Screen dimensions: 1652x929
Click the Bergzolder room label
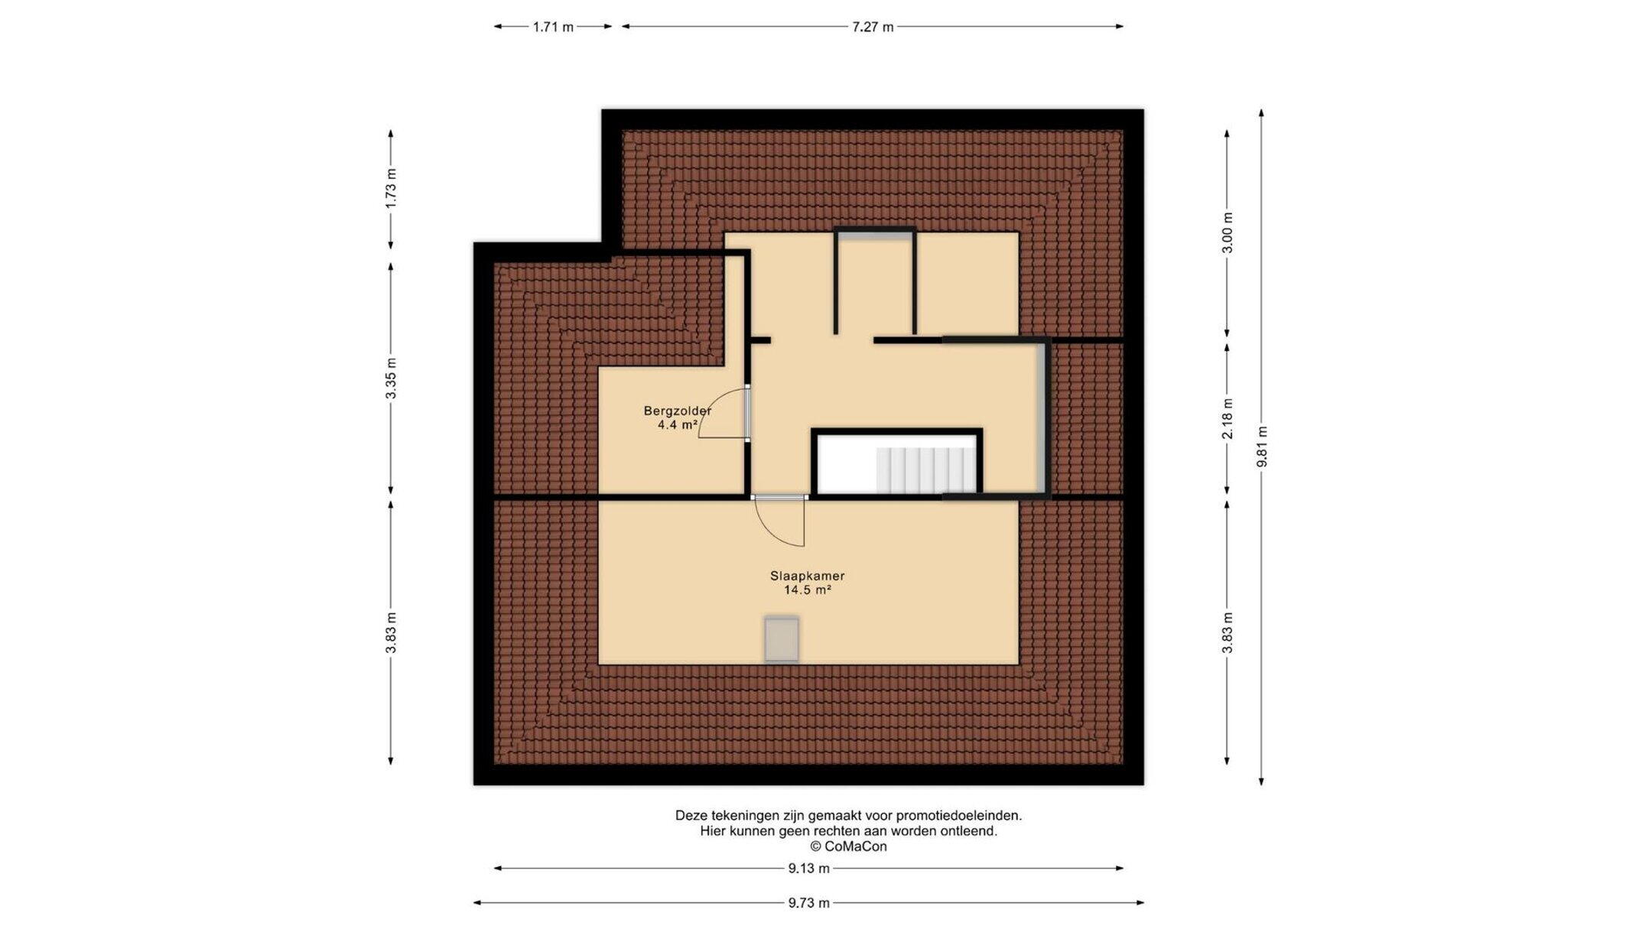[x=678, y=411]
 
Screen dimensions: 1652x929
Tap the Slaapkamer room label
[x=807, y=576]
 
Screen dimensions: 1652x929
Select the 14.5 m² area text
[x=808, y=590]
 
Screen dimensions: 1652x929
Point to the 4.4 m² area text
[x=678, y=425]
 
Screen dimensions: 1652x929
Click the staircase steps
[x=926, y=470]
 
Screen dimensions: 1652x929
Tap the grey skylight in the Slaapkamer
[x=782, y=639]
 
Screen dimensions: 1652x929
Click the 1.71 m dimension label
[x=553, y=27]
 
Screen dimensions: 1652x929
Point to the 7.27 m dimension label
[x=873, y=27]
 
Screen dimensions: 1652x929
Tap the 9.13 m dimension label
[x=808, y=869]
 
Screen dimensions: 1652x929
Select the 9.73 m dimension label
[x=808, y=903]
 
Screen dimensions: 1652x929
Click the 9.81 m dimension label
[x=1262, y=447]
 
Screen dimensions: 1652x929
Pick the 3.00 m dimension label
[x=1228, y=232]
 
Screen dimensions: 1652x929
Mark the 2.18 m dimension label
[x=1228, y=419]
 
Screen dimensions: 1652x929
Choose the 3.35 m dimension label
[x=391, y=378]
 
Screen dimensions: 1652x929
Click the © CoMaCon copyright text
[x=848, y=846]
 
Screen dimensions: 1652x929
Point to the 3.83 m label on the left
[x=391, y=633]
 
